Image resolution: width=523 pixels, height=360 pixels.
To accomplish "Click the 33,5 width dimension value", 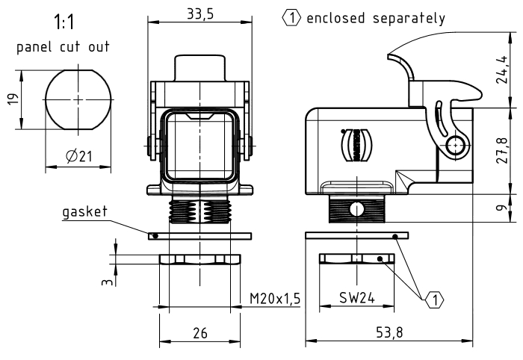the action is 199,14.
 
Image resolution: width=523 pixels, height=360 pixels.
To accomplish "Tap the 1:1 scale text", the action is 64,22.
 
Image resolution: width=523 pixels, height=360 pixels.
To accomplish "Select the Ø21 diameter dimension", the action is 79,156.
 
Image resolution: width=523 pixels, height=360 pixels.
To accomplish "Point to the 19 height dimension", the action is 13,99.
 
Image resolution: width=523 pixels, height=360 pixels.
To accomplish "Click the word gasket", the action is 84,212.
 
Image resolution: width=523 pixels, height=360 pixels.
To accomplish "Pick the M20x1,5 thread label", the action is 275,298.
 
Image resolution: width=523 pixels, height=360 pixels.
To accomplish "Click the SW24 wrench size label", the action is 357,297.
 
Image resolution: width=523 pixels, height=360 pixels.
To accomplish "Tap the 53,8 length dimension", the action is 389,332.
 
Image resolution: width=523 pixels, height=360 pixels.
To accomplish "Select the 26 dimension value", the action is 199,333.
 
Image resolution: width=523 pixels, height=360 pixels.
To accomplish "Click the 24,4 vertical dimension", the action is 502,69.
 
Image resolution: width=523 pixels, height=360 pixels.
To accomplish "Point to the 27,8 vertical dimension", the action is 502,150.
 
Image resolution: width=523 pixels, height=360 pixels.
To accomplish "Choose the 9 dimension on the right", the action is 501,208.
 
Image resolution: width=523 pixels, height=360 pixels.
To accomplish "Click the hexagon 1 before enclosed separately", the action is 291,18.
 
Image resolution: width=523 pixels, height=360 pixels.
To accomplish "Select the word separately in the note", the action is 409,19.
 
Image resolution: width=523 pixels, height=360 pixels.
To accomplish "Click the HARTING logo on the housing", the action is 356,146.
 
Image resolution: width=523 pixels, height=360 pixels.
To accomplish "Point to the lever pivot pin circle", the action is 455,146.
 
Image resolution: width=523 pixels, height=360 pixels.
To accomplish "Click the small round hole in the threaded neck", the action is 357,210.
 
